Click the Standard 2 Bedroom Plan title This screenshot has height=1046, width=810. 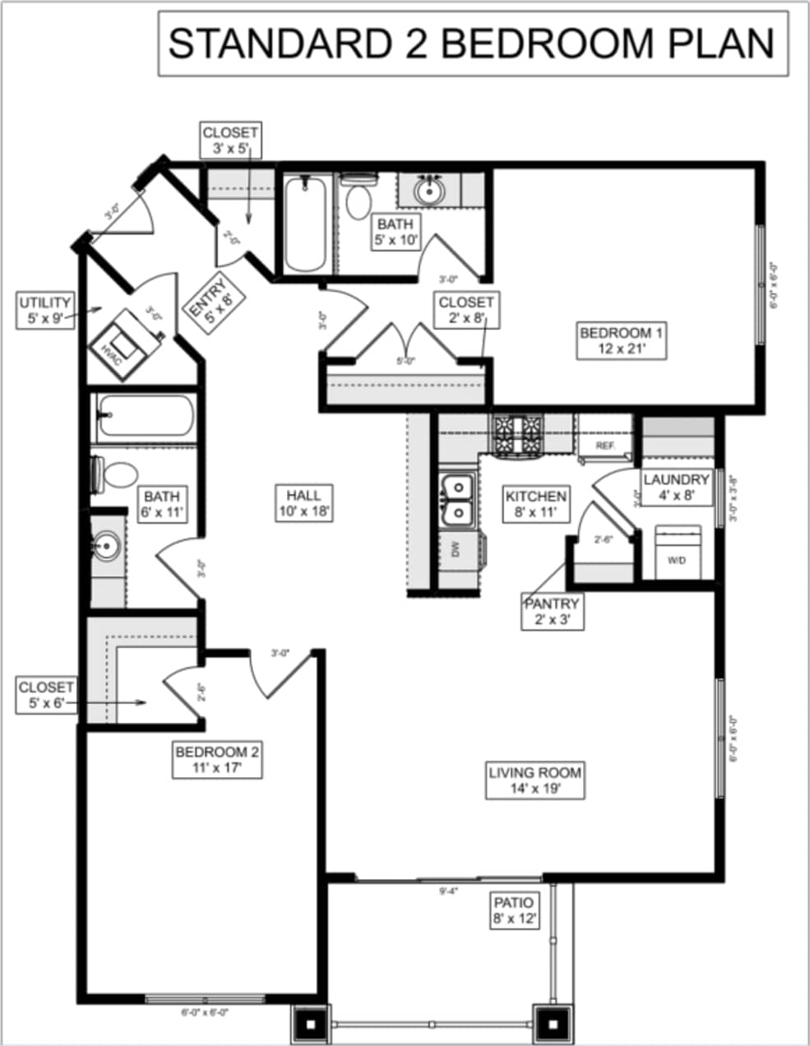[472, 44]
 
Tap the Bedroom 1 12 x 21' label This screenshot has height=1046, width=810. [622, 341]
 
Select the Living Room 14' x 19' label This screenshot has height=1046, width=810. [535, 781]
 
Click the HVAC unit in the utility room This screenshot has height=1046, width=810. [120, 345]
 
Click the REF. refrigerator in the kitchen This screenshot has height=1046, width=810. [605, 445]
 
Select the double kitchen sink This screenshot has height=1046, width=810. [456, 499]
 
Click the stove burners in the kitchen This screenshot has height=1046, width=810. [517, 434]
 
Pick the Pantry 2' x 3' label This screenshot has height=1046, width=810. [553, 612]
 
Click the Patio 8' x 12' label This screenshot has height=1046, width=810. [514, 911]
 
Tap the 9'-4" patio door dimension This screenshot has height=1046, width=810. [448, 890]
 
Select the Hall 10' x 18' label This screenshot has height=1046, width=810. [303, 503]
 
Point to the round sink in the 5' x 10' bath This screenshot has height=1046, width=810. [428, 191]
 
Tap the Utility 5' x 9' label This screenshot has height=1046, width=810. [45, 312]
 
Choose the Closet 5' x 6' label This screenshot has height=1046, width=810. [46, 695]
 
